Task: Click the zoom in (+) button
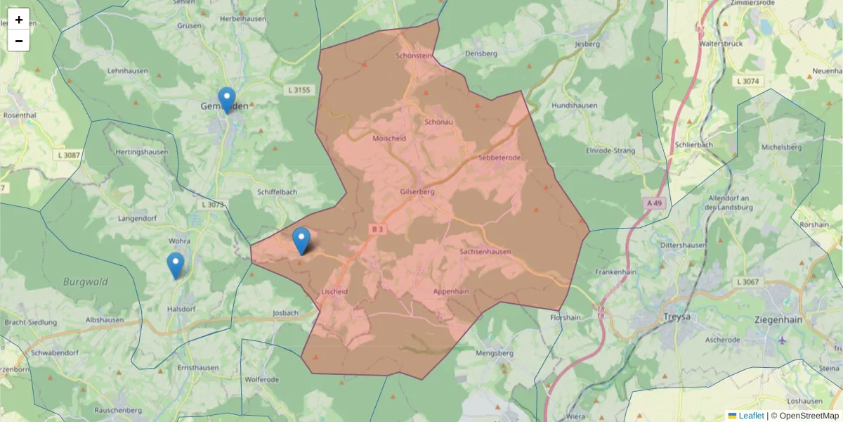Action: [19, 20]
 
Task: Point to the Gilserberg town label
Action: [417, 191]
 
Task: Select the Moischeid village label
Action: [389, 139]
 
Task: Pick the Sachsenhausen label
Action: [485, 251]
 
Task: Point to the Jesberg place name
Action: [587, 44]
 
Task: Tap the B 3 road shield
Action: [378, 229]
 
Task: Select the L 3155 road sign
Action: [299, 90]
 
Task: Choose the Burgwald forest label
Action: [86, 282]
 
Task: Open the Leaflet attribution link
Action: [751, 416]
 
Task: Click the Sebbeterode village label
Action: [499, 158]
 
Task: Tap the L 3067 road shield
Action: [748, 282]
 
